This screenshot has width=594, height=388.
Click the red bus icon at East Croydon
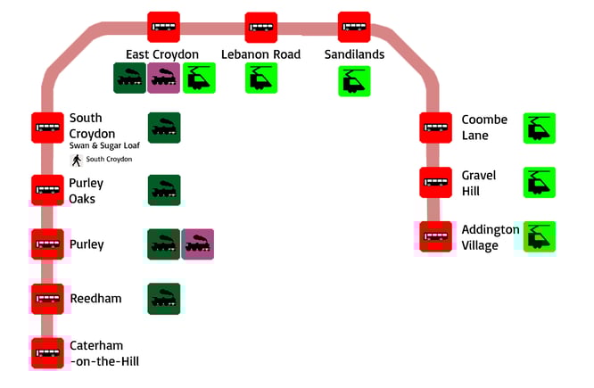tap(163, 27)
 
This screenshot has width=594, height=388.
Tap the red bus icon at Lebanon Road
tap(262, 27)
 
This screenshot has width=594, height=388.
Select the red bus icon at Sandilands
tap(354, 27)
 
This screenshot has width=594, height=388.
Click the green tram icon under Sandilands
tap(354, 81)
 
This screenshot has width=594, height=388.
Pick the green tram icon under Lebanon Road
tap(261, 78)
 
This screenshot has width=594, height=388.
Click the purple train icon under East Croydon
tap(164, 78)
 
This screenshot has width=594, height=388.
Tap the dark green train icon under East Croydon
tap(129, 78)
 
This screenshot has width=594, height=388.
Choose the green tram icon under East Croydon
tap(199, 78)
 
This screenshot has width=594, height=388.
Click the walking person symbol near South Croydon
tap(77, 160)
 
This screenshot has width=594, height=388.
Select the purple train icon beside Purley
tap(198, 244)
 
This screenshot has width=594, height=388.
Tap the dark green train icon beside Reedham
tap(164, 299)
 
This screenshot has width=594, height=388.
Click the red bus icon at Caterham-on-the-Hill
tap(47, 353)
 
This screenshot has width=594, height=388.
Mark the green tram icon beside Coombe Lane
tap(539, 128)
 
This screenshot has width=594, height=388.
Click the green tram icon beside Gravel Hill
tap(539, 183)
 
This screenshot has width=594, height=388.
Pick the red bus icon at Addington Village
tap(436, 237)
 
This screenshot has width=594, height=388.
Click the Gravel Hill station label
tap(479, 183)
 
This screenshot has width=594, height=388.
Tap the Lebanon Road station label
tap(261, 54)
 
